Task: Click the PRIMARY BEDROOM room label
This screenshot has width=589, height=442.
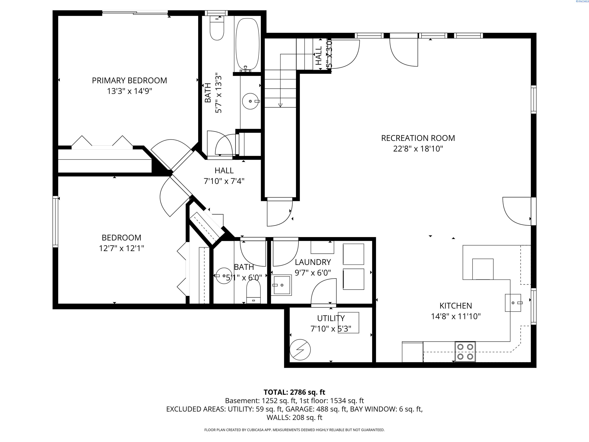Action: [x=129, y=80]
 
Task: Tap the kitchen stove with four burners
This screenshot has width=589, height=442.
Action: [x=465, y=351]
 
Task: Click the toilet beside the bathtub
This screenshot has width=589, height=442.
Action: [x=217, y=29]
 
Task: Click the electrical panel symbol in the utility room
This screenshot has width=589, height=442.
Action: [x=300, y=350]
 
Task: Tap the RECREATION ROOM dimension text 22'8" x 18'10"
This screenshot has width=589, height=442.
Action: [x=418, y=149]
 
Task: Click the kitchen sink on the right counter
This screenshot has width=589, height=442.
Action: [x=512, y=303]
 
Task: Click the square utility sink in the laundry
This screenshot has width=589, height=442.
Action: [x=281, y=285]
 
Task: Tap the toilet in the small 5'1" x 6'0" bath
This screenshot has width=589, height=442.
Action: [x=253, y=292]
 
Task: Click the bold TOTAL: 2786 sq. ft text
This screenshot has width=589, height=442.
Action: [x=294, y=392]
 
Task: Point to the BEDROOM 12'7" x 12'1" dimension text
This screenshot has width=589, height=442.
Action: [x=121, y=248]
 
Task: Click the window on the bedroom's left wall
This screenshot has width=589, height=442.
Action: [x=55, y=221]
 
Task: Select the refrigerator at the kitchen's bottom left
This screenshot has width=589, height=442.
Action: [x=412, y=352]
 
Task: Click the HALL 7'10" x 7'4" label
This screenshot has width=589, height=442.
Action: [x=224, y=176]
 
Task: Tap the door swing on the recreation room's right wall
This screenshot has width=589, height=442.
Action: [x=517, y=211]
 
